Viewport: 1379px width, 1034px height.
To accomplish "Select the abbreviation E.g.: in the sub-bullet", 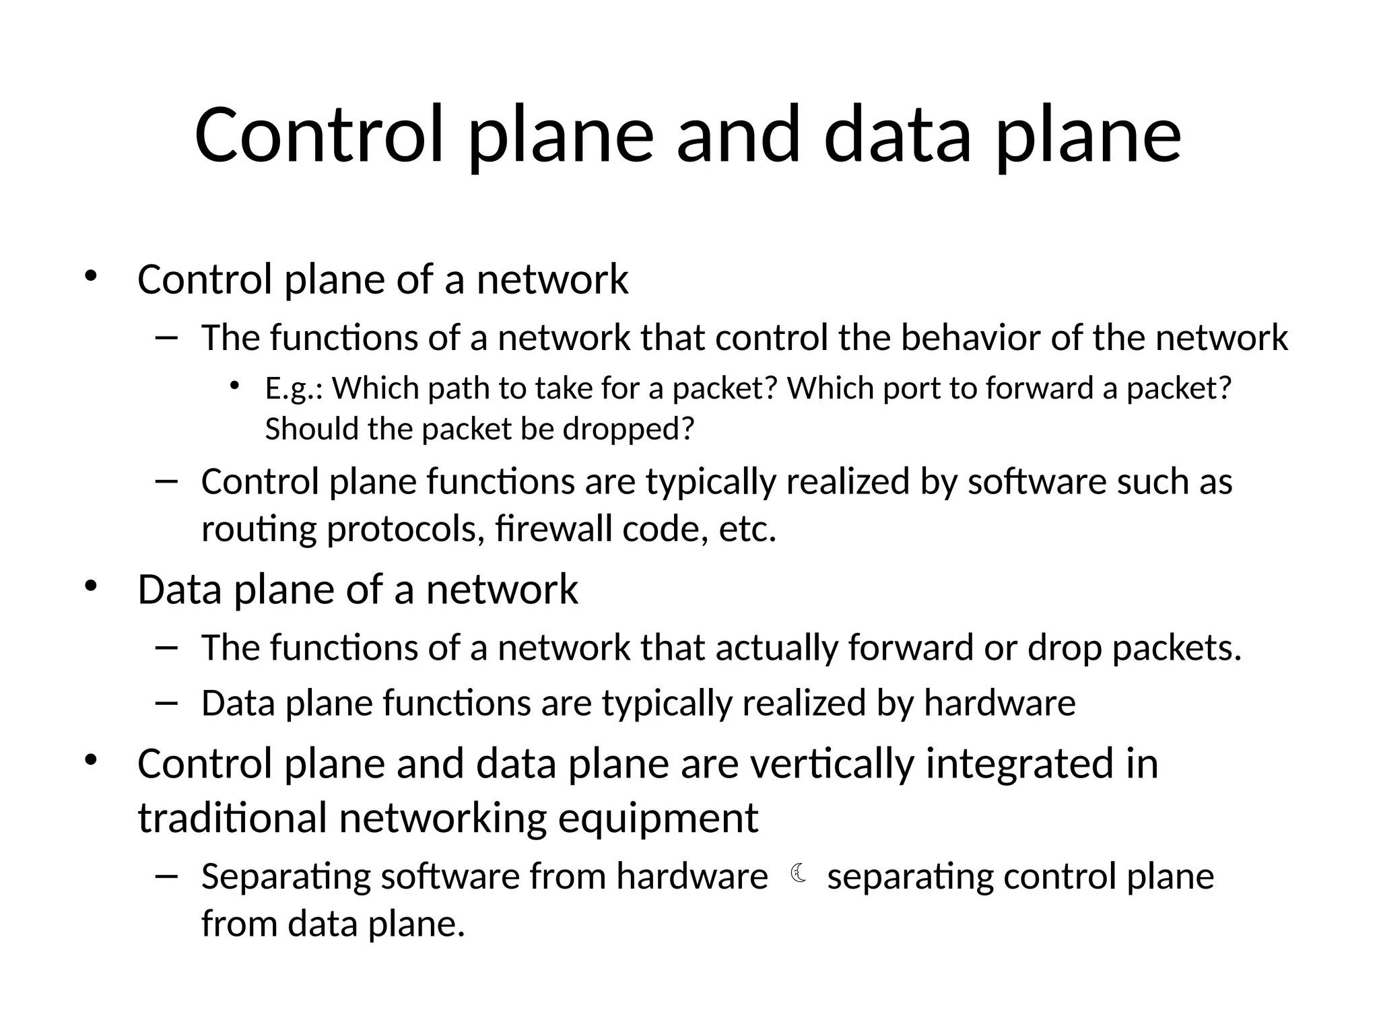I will (x=294, y=389).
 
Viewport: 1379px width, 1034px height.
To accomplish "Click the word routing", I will (x=259, y=530).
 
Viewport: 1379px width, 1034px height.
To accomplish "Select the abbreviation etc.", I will (x=747, y=530).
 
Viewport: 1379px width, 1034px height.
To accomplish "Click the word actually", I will (x=776, y=648).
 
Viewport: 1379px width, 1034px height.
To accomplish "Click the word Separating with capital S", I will (x=285, y=877).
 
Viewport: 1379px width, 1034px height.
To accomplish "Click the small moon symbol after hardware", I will (x=799, y=874).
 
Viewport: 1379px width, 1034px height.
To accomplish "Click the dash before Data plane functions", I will (x=166, y=703).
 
